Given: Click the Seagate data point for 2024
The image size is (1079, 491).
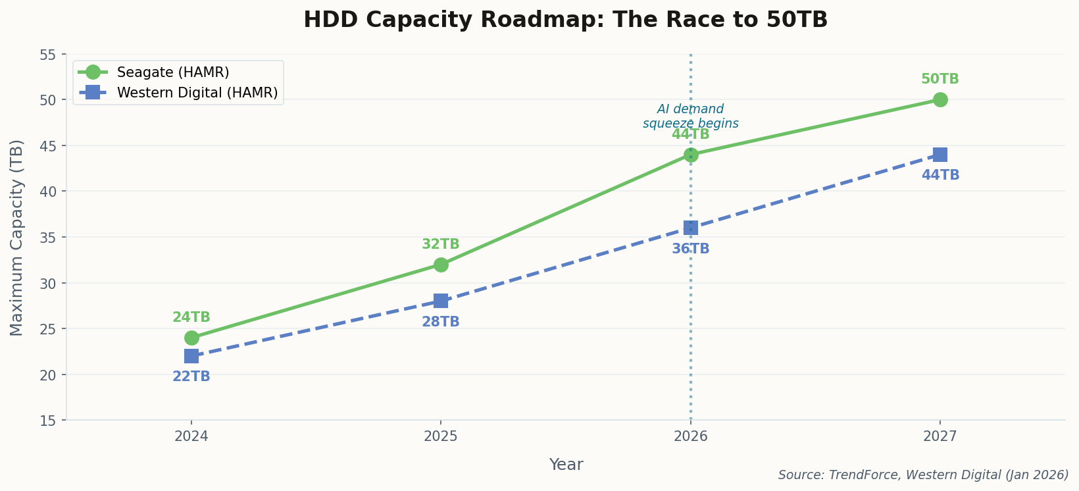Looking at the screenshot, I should click(x=191, y=338).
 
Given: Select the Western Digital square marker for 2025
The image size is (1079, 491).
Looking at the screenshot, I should click(x=441, y=301).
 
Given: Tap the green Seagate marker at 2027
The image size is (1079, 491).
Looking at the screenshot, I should click(x=940, y=99).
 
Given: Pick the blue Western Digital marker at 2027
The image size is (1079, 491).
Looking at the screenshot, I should click(x=940, y=155).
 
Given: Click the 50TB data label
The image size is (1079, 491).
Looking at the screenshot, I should click(x=940, y=80).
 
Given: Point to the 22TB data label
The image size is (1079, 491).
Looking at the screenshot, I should click(x=191, y=377).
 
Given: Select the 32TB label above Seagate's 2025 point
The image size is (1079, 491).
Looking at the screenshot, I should click(x=441, y=245).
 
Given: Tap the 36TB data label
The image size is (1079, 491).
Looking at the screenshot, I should click(x=691, y=249).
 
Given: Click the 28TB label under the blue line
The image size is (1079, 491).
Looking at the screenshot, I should click(x=441, y=323).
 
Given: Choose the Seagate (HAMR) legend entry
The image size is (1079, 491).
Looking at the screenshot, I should click(x=172, y=72).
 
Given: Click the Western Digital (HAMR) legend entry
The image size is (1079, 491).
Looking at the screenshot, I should click(x=197, y=93).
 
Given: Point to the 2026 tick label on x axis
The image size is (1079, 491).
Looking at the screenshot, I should click(x=691, y=436).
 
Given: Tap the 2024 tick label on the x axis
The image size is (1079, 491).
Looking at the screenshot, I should click(x=191, y=436).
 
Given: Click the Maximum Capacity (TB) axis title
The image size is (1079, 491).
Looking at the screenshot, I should click(x=17, y=237).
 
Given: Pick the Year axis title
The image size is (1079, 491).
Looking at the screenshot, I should click(x=566, y=465).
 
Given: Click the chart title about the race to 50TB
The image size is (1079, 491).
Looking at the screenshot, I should click(x=566, y=20).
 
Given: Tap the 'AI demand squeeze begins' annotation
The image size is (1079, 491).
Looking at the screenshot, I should click(x=691, y=116).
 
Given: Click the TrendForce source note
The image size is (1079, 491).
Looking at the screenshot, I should click(x=923, y=475).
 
